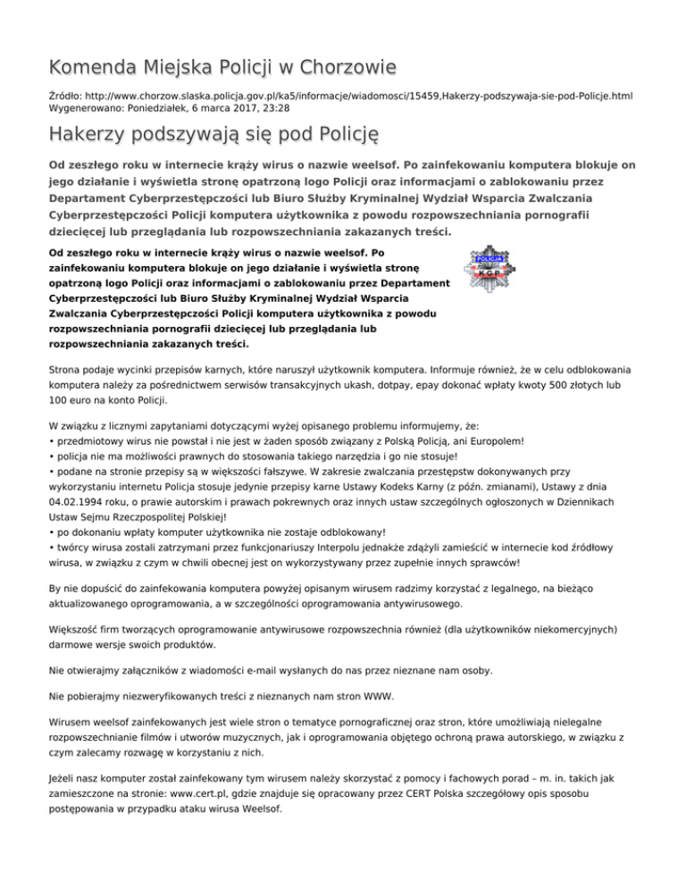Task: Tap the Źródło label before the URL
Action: click(68, 94)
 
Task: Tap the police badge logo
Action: click(487, 263)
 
